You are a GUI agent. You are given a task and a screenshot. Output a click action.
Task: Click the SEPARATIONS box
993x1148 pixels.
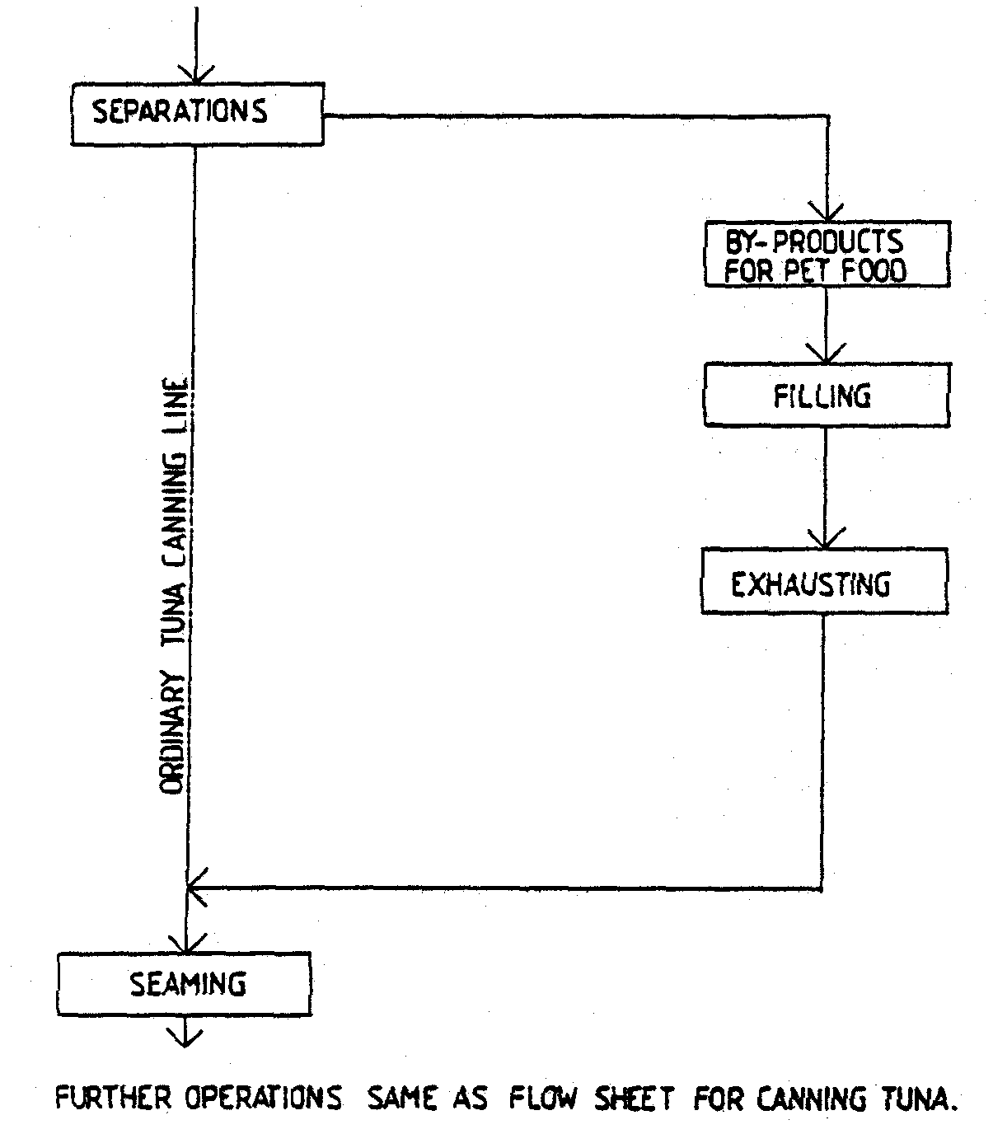click(x=196, y=114)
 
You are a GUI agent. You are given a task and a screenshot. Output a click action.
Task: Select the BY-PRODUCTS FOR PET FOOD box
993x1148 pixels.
click(x=827, y=255)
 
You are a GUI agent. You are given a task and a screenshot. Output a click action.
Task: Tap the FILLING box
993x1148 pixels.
click(x=826, y=396)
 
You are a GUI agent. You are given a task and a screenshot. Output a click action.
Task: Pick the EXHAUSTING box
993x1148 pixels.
click(x=823, y=583)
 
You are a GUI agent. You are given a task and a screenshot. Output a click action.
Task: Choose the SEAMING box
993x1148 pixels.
click(x=185, y=984)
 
